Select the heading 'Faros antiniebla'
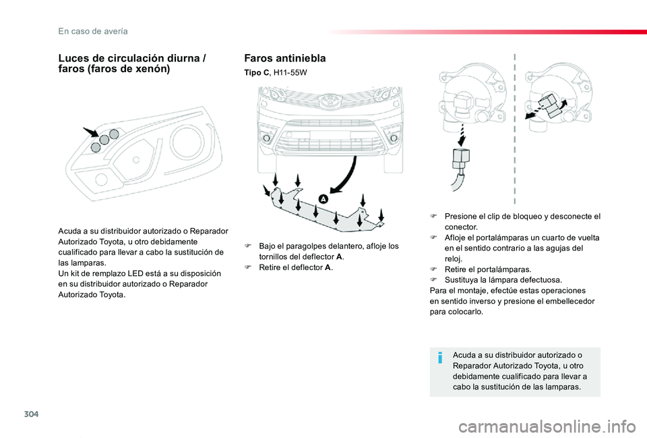[284, 58]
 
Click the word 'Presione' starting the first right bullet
[461, 217]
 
